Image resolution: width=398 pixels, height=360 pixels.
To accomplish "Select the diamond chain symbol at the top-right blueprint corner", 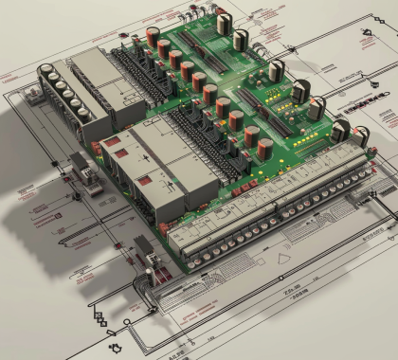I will (365, 38).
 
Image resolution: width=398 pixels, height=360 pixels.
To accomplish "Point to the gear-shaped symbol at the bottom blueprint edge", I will (117, 348).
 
